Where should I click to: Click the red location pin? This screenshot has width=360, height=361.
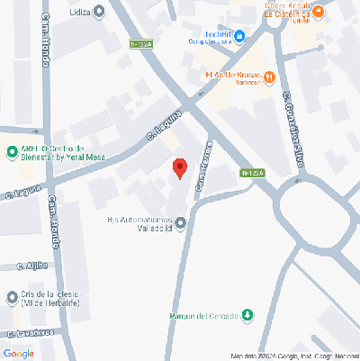coord(180,168)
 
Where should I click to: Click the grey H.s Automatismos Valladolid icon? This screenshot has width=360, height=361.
coord(180,221)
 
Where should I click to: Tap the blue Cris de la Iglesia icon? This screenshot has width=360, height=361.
coord(13,296)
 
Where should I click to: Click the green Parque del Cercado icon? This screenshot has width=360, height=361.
coord(248,315)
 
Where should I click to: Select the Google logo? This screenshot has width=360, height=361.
coord(18,353)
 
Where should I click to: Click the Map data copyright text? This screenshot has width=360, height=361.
coord(292,356)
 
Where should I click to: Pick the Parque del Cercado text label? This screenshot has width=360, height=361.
coord(204,316)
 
